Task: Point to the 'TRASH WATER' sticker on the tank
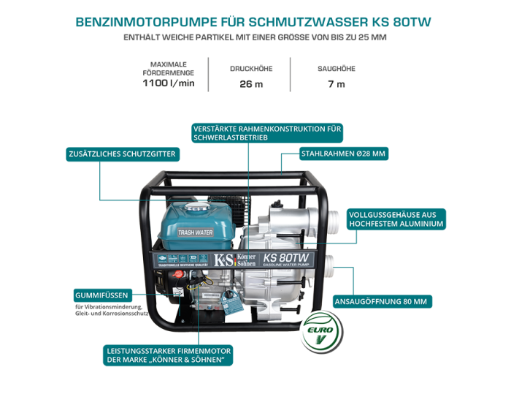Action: (x=195, y=232)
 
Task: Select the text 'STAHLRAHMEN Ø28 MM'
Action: (x=343, y=154)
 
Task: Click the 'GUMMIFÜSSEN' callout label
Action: (x=101, y=295)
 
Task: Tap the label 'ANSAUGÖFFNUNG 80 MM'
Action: (x=380, y=301)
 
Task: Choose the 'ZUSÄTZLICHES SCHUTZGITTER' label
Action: (x=122, y=154)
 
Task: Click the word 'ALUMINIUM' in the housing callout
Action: (x=419, y=224)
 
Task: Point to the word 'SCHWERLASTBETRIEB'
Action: (x=231, y=137)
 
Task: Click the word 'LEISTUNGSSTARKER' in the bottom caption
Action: (x=142, y=351)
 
